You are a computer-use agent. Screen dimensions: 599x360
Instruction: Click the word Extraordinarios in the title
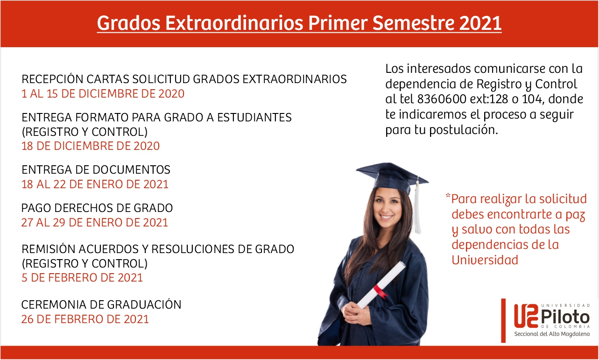tap(234, 23)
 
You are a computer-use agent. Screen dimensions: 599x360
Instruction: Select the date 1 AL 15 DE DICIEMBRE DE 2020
tap(103, 94)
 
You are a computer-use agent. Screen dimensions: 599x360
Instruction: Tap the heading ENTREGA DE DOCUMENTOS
tap(96, 169)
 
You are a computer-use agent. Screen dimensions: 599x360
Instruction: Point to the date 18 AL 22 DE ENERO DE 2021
tap(95, 184)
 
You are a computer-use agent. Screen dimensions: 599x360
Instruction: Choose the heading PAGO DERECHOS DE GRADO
tap(97, 208)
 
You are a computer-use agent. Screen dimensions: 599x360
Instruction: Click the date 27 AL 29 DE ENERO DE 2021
tap(95, 223)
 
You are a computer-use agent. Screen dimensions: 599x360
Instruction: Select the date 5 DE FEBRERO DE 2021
tap(82, 278)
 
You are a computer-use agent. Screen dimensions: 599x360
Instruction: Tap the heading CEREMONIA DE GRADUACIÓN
tap(101, 304)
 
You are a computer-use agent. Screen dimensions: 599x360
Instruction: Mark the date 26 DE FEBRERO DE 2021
tap(85, 319)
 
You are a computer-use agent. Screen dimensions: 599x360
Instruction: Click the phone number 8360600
tap(442, 99)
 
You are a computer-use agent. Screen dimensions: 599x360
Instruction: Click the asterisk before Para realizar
tap(448, 196)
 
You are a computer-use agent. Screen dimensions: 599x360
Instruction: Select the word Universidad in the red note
tap(485, 260)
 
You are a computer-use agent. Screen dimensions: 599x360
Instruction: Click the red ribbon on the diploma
tap(381, 291)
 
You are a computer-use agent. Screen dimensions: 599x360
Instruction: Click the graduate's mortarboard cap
tap(392, 178)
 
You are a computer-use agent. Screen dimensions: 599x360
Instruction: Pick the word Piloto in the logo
tap(565, 317)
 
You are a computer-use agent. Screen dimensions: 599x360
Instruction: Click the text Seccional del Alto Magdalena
tap(552, 334)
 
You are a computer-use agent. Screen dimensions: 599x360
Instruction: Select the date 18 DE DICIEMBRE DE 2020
tap(91, 146)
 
